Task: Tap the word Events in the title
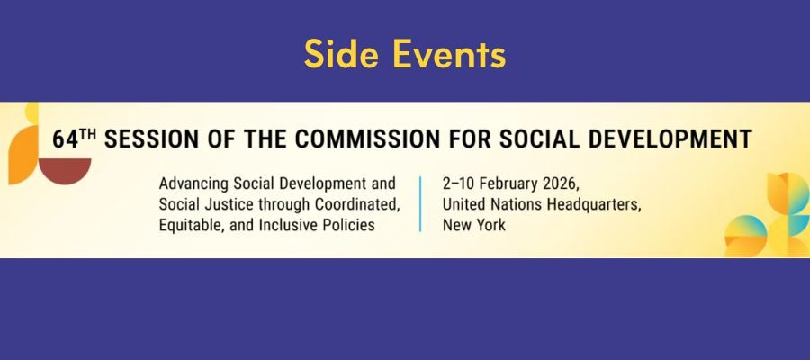point(449,54)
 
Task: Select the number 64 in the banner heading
point(65,139)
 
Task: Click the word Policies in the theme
point(352,225)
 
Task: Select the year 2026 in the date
point(557,184)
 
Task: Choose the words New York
point(474,225)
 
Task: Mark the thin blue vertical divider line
point(420,204)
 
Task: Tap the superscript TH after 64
point(89,134)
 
